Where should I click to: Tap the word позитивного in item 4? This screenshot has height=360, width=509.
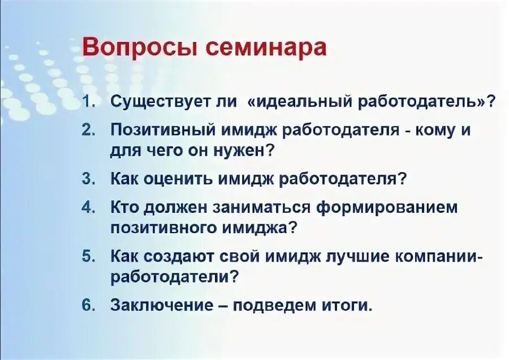160,229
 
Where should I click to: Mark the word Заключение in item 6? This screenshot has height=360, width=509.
159,305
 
